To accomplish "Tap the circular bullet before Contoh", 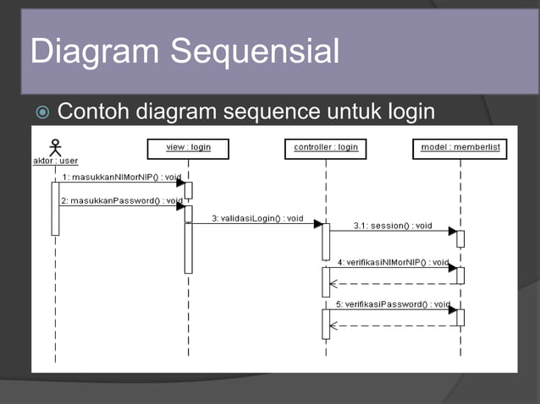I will [x=42, y=112].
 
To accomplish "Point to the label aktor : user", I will [x=56, y=161].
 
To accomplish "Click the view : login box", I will [x=188, y=148].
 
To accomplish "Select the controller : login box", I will [x=326, y=148].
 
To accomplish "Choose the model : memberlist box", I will [x=460, y=148].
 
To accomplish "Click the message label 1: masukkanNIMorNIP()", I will [x=122, y=177].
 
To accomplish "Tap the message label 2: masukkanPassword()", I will [x=122, y=200].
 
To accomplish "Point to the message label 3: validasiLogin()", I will [x=256, y=218].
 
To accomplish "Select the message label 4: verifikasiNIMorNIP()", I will [x=393, y=262].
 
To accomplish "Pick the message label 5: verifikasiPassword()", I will [x=393, y=303].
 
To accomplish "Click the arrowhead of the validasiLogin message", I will [x=317, y=224].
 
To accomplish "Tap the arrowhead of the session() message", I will [x=452, y=231].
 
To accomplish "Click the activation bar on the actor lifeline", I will [x=56, y=208].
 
